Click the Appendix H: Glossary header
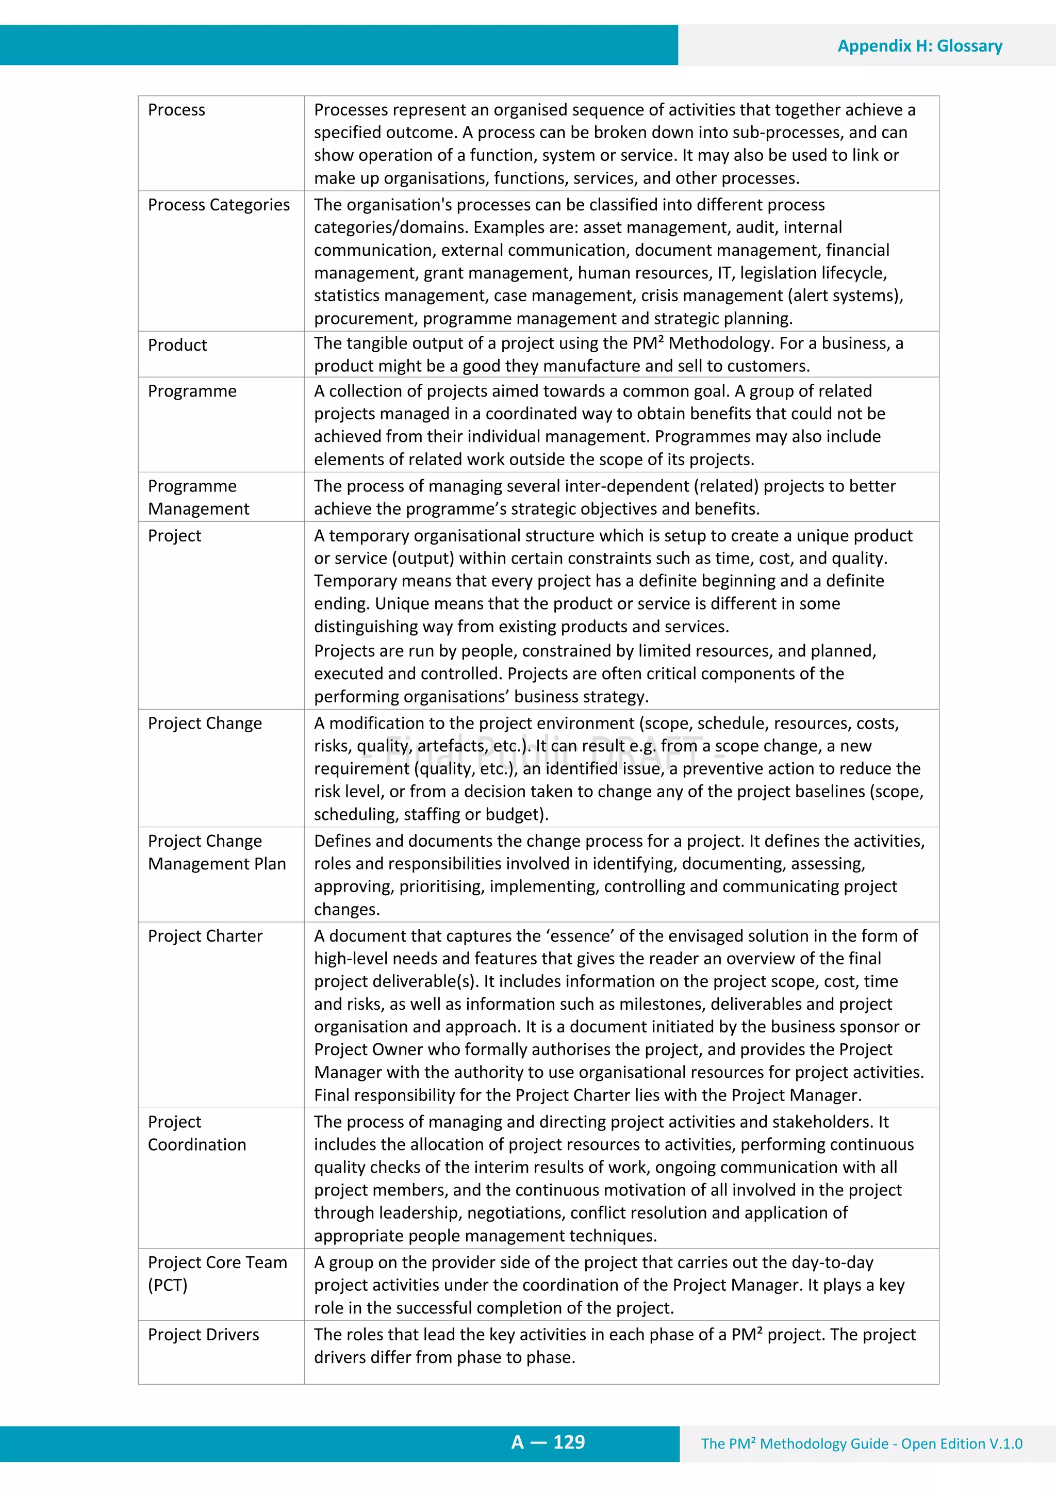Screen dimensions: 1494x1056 tap(919, 45)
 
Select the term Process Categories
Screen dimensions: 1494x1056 tap(219, 204)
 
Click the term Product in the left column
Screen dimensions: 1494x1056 tap(177, 345)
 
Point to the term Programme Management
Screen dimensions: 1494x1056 tap(198, 497)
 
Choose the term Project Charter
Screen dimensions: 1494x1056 tap(205, 935)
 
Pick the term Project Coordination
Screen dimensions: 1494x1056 tap(196, 1133)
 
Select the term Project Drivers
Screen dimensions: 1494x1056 tap(203, 1335)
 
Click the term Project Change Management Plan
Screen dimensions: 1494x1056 tap(216, 852)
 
